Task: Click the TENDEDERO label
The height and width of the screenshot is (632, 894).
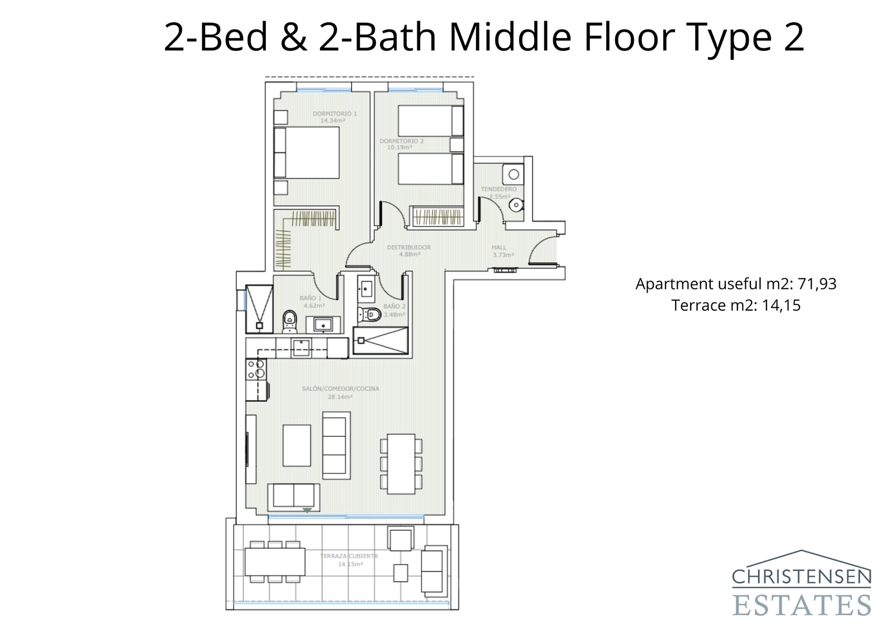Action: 498,189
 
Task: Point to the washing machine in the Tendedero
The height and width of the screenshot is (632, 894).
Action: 513,174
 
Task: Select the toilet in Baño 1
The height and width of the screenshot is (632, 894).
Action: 289,321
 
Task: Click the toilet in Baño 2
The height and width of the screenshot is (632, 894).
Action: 370,315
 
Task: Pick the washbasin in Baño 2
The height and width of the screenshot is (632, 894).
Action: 365,288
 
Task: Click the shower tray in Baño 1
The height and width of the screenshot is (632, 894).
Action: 259,308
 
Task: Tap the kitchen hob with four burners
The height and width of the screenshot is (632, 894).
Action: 256,369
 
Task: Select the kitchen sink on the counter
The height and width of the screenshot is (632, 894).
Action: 301,348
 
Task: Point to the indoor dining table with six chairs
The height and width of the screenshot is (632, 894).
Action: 401,464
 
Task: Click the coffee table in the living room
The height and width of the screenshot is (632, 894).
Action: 296,445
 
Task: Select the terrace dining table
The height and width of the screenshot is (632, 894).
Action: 275,562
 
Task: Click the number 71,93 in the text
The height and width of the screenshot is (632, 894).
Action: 816,284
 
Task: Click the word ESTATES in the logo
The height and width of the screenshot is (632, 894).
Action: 801,605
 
